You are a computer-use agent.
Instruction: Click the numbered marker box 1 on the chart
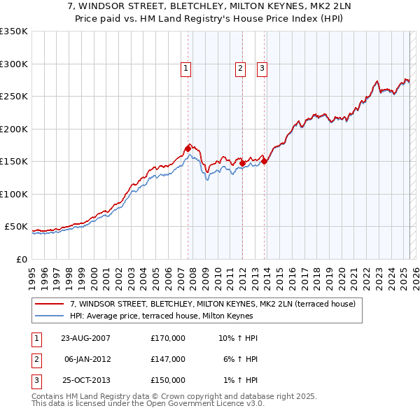tap(186, 68)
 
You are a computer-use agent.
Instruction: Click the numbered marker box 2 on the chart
tap(240, 68)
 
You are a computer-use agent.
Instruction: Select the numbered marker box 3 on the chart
tap(262, 68)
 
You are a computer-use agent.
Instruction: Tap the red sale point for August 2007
tap(188, 148)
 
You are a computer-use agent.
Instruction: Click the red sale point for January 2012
tap(242, 164)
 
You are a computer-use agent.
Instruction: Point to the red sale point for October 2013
tap(265, 161)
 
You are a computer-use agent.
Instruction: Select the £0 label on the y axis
tap(21, 259)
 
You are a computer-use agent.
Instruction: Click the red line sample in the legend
tap(50, 304)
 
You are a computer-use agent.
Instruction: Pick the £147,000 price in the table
tap(168, 359)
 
